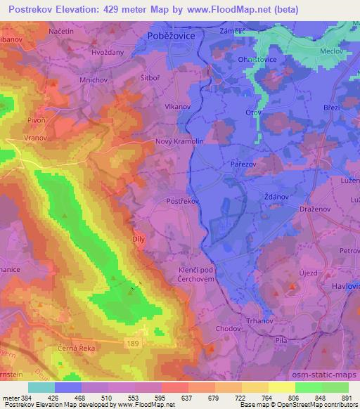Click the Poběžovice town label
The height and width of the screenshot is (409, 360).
[171, 34]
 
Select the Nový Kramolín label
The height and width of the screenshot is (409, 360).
[179, 141]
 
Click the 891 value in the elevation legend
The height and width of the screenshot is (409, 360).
[347, 398]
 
